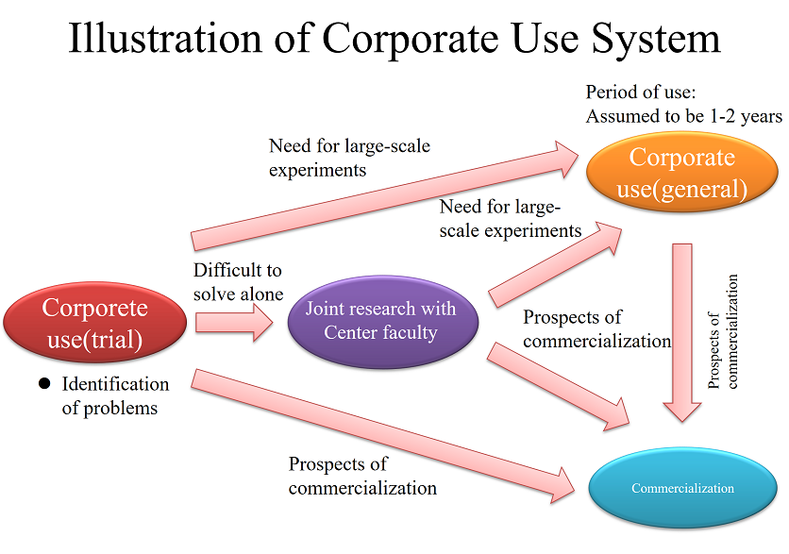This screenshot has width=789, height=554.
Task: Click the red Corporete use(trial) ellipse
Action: point(94,322)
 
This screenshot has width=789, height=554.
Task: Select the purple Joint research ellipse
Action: point(383,321)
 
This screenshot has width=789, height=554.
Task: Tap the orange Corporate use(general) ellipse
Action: point(681,172)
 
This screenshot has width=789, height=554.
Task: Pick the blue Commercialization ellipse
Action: point(683,488)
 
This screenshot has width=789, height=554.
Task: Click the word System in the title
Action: point(656,40)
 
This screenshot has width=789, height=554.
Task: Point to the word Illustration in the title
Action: point(165,39)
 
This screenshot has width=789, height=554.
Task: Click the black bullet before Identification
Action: point(44,384)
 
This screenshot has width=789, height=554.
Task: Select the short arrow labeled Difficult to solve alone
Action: point(234,323)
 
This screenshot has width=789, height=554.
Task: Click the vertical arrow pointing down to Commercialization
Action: point(682,332)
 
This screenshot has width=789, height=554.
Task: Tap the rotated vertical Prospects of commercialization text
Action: point(723,331)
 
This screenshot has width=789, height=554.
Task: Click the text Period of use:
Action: point(641,92)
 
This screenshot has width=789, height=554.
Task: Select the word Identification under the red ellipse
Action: point(115,384)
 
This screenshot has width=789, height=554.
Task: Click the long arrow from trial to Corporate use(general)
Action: point(385,195)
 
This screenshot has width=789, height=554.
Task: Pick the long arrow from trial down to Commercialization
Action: point(383,436)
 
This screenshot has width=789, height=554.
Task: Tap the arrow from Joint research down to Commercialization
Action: point(559,387)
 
